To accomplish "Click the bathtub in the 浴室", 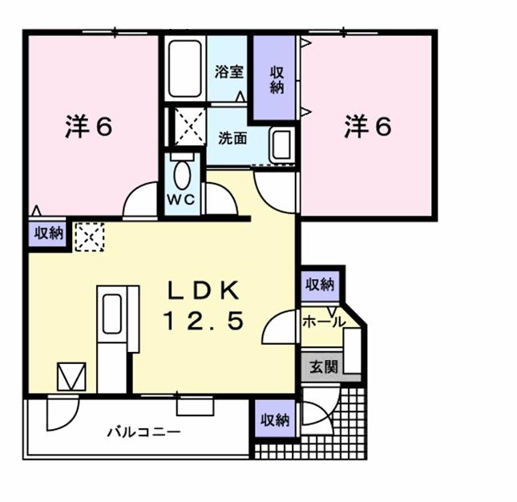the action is click(184, 69).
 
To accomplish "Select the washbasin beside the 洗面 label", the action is click(282, 144).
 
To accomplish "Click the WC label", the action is click(181, 200).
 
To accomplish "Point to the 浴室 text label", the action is click(229, 71).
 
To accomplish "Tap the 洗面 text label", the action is click(232, 138).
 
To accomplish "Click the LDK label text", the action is click(204, 290).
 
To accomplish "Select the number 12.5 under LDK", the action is click(204, 321).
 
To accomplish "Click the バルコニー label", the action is click(144, 431).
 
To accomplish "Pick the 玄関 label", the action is click(324, 366).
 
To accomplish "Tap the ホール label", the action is click(324, 322).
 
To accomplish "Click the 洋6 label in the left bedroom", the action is click(89, 127).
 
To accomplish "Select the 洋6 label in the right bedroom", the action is click(368, 127).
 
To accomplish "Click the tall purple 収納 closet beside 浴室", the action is click(274, 78).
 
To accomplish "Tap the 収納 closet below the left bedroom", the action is click(48, 234).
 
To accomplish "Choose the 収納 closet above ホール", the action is click(320, 285).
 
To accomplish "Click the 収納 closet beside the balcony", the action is click(276, 419).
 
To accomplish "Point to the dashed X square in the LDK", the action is click(90, 237).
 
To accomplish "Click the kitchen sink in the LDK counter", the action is click(112, 314).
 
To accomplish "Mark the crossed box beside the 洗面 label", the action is click(190, 127).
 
